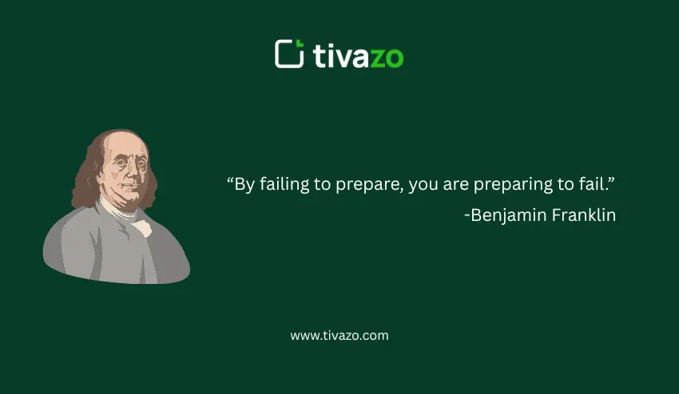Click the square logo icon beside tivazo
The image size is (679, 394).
pyautogui.click(x=289, y=54)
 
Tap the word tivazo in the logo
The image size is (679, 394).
pyautogui.click(x=359, y=56)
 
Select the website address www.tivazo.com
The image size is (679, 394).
pyautogui.click(x=339, y=336)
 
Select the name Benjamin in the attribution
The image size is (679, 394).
pyautogui.click(x=504, y=215)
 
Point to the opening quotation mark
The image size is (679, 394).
pyautogui.click(x=231, y=180)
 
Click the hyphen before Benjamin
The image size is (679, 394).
pyautogui.click(x=467, y=216)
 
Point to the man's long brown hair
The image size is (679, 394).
pyautogui.click(x=86, y=175)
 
